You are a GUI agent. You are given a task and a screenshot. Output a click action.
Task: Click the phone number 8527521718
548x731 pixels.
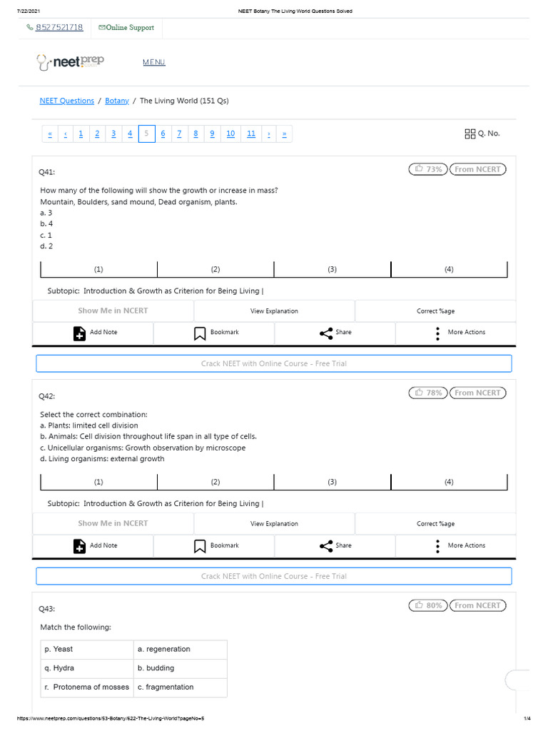59,28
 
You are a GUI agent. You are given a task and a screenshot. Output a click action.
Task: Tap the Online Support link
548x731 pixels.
126,28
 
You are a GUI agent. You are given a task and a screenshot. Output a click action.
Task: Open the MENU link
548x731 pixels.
153,62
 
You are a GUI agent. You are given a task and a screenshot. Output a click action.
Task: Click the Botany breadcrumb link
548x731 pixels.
117,101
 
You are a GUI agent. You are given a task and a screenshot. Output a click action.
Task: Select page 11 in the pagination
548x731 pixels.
251,133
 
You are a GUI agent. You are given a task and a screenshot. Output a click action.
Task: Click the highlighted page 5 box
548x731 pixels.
146,133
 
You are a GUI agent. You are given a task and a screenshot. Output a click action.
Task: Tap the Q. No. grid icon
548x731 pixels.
470,133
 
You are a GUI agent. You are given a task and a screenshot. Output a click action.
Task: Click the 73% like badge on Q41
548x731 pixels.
428,169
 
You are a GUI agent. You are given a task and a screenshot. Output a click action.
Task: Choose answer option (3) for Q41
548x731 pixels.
333,269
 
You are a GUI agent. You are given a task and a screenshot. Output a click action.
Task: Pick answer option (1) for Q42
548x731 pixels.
98,482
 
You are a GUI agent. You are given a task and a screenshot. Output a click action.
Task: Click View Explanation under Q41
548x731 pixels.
274,311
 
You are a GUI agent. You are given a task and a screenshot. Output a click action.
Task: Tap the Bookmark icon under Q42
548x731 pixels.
201,546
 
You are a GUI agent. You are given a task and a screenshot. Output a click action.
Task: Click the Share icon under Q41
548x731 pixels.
326,333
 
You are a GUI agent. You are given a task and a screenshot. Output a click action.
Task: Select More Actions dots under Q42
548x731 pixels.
437,546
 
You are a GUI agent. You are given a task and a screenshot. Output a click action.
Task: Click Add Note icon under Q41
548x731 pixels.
80,333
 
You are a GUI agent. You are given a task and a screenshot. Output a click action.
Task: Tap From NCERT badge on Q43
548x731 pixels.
478,605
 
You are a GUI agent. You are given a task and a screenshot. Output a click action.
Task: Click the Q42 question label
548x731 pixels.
47,396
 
